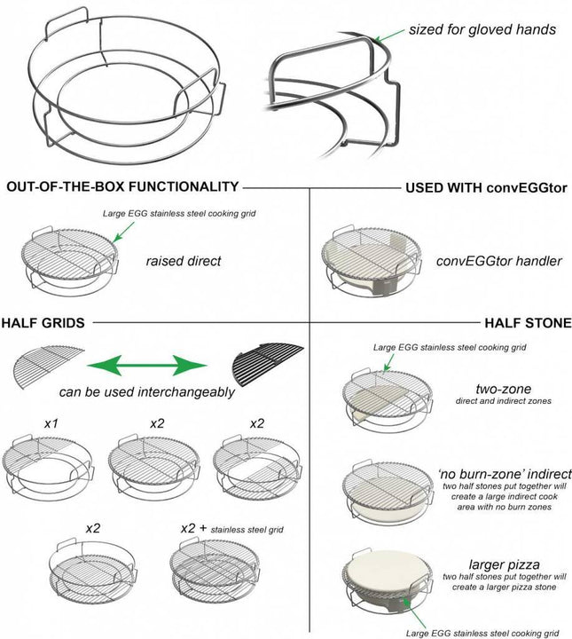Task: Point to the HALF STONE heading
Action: (528, 323)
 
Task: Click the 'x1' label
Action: (52, 423)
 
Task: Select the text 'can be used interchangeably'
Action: (145, 392)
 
